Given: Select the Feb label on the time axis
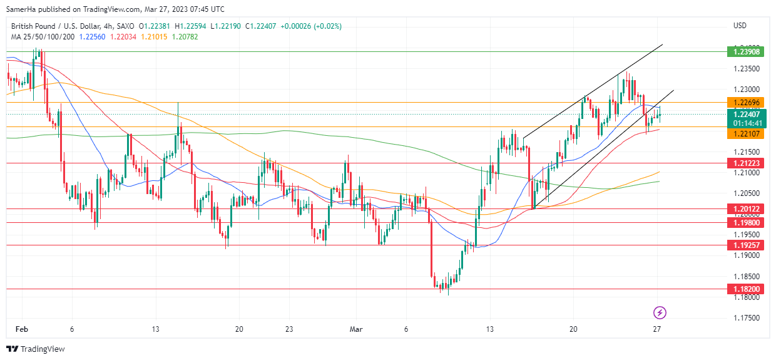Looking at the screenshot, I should click(x=21, y=329).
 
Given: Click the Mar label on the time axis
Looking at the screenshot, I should click(x=356, y=329).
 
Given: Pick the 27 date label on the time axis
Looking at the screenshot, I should click(x=657, y=329).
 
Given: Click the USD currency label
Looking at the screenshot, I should click(x=740, y=26).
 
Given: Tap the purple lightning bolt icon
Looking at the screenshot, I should click(x=659, y=312).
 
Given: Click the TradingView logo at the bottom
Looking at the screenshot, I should click(x=36, y=349).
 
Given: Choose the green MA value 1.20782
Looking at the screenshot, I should click(x=185, y=36).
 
